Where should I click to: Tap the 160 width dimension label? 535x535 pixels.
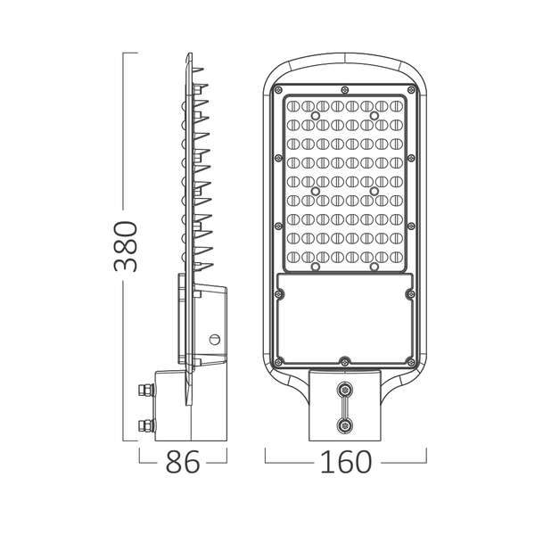click(346, 463)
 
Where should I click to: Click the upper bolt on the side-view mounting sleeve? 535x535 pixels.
click(143, 390)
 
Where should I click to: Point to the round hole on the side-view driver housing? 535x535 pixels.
click(214, 339)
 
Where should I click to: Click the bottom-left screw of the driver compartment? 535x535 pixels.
click(279, 362)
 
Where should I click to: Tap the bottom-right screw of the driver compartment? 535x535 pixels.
click(410, 362)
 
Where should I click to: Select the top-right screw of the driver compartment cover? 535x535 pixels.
click(409, 292)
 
